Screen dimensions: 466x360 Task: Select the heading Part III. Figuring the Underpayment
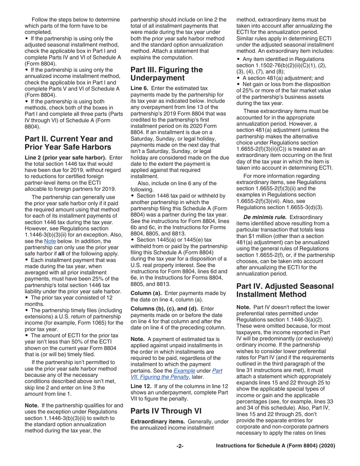pos(166,74)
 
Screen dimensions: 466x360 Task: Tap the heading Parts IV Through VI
pos(165,411)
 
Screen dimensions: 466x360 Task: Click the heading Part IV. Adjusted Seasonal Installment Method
pos(285,290)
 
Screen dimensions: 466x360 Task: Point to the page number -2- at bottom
pos(180,446)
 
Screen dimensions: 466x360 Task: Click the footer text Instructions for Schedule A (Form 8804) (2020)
pos(275,446)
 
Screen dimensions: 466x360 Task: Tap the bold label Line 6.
pos(139,88)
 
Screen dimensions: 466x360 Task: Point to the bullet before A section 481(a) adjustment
pos(238,78)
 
